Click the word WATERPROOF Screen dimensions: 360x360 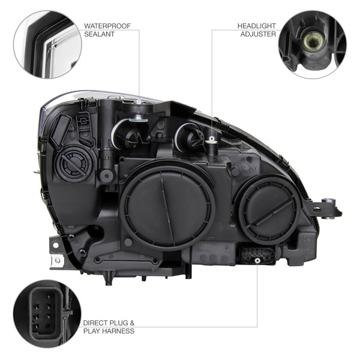coord(107,26)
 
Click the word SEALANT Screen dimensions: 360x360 coord(99,34)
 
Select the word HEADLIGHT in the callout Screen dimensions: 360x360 coord(256,26)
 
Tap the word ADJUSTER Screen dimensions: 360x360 coord(258,34)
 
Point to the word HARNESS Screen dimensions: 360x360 coord(118,331)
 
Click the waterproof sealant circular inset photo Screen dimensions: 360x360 coord(47,44)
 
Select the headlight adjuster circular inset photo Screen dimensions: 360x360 coord(313,44)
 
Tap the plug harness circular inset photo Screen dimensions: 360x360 coord(47,314)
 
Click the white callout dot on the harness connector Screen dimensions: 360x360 coord(257,260)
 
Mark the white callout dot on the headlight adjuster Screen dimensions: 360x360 coord(212,139)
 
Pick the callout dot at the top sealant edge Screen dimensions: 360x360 coord(139,101)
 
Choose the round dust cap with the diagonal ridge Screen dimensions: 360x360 coord(269,209)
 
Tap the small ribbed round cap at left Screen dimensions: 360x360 coord(73,163)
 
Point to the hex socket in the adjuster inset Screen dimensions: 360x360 coord(311,41)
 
